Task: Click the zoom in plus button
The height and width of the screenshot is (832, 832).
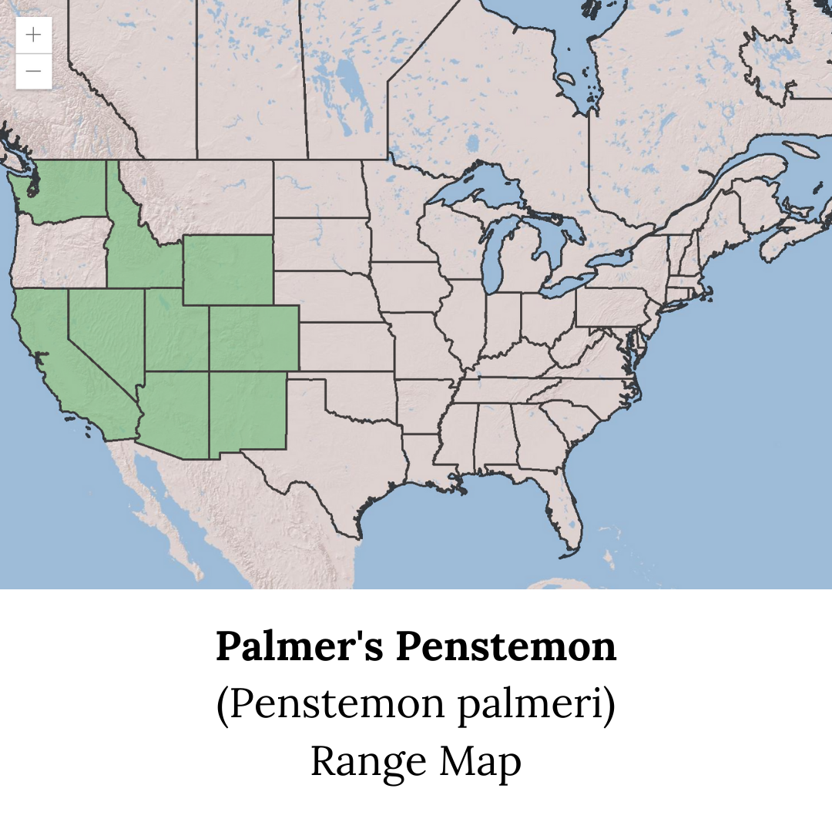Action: click(34, 35)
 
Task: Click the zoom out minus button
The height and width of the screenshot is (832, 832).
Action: click(34, 72)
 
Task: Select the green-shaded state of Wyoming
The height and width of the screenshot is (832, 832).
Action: click(227, 270)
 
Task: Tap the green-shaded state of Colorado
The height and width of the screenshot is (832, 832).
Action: click(254, 337)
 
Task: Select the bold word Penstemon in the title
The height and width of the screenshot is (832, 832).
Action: click(506, 646)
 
